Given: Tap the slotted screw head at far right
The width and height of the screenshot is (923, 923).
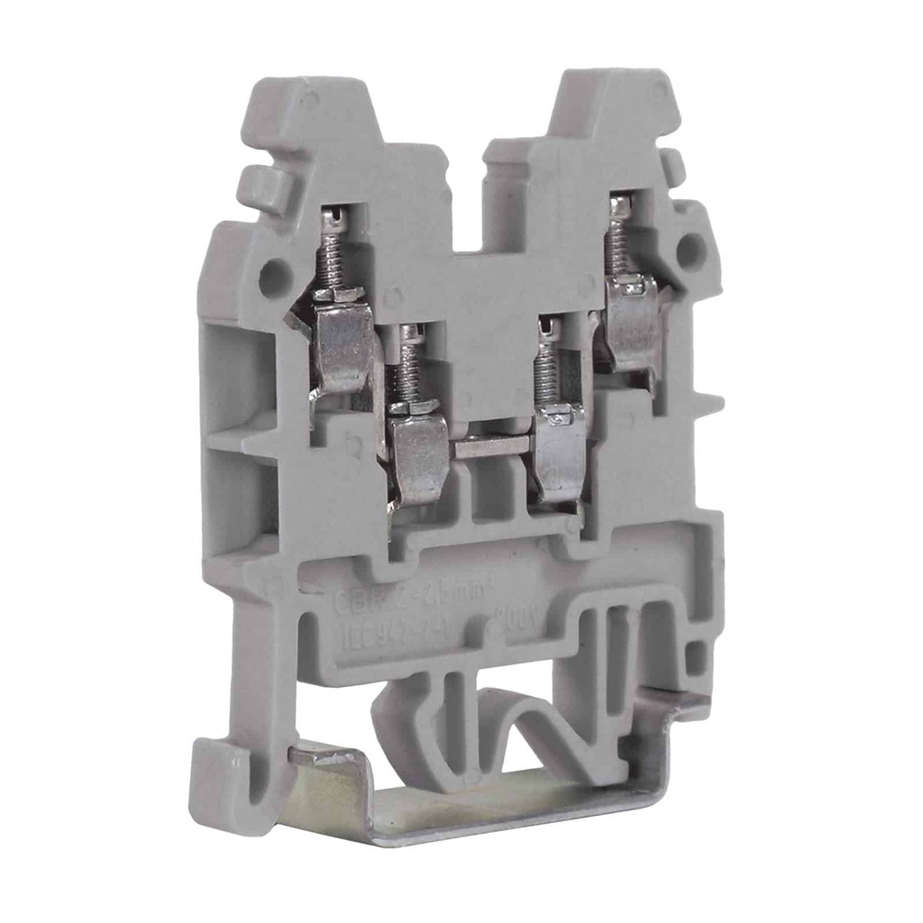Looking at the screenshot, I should pyautogui.click(x=619, y=206).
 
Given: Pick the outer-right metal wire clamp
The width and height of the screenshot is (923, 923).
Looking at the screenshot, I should pyautogui.click(x=635, y=324).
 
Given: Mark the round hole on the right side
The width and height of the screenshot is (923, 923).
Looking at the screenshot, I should pyautogui.click(x=690, y=251).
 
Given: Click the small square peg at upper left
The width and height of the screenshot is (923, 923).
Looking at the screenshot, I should pyautogui.click(x=260, y=186).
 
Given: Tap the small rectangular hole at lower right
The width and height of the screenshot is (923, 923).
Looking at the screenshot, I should pyautogui.click(x=697, y=657).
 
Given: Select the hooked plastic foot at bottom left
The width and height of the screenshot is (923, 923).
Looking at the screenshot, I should pyautogui.click(x=231, y=784).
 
